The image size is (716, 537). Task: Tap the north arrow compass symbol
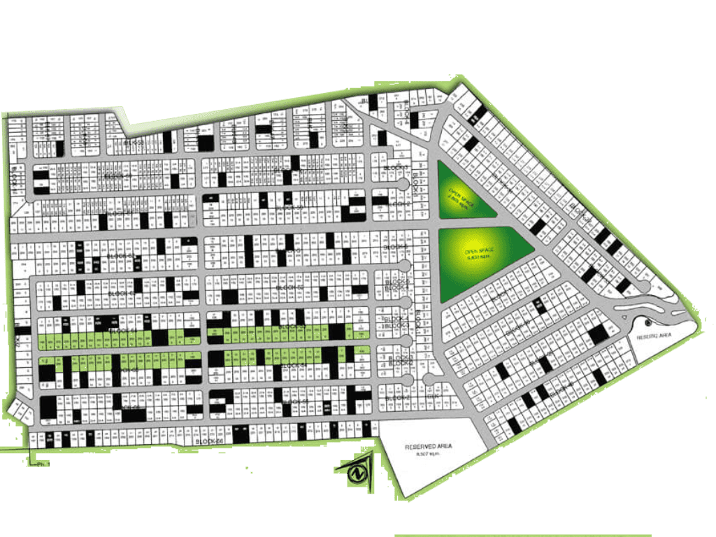click(x=358, y=473)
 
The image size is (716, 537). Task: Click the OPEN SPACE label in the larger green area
click(x=481, y=250)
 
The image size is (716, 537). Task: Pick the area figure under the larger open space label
click(x=481, y=257)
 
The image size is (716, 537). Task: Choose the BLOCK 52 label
click(x=288, y=287)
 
